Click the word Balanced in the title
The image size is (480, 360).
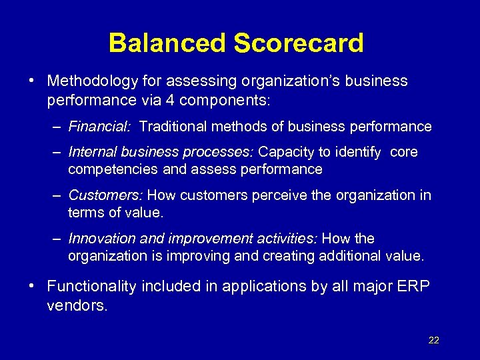[x=168, y=43]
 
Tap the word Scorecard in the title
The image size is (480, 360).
[x=299, y=43]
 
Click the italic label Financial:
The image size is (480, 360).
[x=100, y=127]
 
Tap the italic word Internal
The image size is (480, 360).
[x=91, y=152]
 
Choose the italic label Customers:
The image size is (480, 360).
[x=105, y=195]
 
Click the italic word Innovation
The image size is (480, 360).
[x=100, y=239]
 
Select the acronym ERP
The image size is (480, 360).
[x=413, y=287]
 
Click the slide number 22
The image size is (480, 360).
[x=433, y=340]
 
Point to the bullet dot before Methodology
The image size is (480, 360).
[x=32, y=81]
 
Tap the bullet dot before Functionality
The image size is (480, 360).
[x=32, y=286]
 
